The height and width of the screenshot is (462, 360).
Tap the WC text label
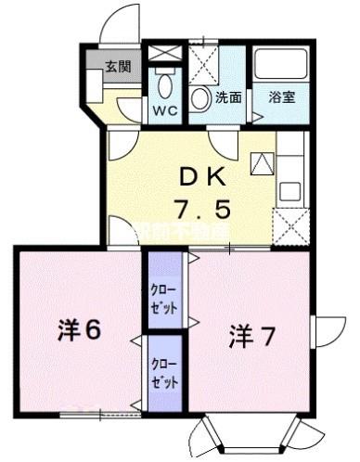coord(166,110)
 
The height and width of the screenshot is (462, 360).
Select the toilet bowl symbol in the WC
coord(166,87)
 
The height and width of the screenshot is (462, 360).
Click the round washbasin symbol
coord(200,99)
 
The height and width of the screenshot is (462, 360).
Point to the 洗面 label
coord(228,96)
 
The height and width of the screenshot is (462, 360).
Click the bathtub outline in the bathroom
coord(282,68)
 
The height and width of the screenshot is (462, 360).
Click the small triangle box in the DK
coord(262,164)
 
